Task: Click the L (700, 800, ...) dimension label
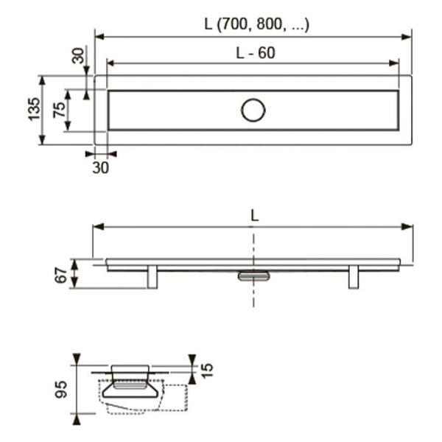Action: (257, 24)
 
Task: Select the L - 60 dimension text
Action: (256, 53)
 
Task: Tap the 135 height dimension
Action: (34, 109)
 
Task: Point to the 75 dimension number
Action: (59, 109)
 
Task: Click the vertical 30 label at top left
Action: (78, 56)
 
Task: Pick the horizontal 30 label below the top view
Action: (100, 168)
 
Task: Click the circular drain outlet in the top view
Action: (253, 110)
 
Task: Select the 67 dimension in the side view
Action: (61, 276)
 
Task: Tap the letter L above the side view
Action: (255, 216)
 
